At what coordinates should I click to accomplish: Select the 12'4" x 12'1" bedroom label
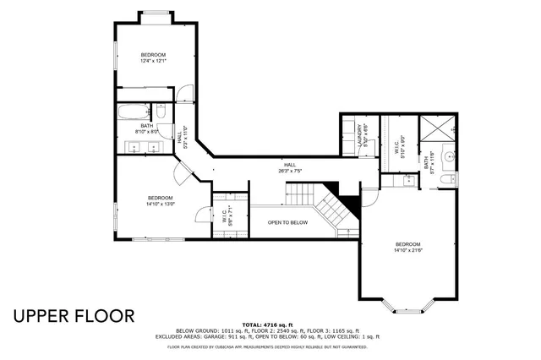tap(153, 57)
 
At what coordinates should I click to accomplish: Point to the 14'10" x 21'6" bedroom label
tap(407, 248)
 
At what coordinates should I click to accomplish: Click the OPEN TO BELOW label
tap(287, 222)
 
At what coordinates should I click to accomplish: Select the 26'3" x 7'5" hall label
tap(290, 167)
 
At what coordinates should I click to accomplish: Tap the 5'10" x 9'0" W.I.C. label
tap(403, 144)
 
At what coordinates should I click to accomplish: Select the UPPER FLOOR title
tap(73, 316)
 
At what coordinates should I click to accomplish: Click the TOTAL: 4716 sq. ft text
tap(267, 325)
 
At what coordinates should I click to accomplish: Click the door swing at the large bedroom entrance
tap(369, 197)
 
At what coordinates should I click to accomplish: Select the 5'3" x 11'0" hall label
tap(181, 135)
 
